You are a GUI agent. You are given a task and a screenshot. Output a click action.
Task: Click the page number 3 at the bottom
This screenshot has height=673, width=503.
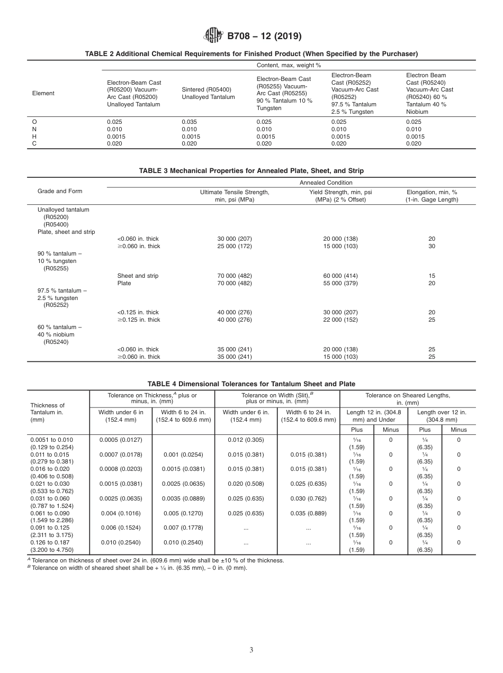pos(251,650)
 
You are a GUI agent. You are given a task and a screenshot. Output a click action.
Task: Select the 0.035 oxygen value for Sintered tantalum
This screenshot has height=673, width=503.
pos(189,122)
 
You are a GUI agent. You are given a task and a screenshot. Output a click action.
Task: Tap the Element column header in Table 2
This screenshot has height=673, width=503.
pos(43,93)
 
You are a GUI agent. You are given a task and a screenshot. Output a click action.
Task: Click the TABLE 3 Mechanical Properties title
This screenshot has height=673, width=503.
pos(251,171)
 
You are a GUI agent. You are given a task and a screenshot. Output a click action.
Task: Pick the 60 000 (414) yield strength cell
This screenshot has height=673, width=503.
pos(340,276)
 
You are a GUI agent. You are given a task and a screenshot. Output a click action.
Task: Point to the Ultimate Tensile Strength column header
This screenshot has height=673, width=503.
pos(234,196)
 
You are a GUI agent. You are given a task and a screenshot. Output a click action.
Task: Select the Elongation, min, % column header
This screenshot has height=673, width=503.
pos(432,196)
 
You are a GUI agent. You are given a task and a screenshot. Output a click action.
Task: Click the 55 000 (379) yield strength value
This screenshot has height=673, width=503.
pos(340,283)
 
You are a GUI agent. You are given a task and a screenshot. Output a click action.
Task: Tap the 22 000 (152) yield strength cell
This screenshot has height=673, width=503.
pos(340,320)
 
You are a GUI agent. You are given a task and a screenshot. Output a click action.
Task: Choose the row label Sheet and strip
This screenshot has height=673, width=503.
pos(138,276)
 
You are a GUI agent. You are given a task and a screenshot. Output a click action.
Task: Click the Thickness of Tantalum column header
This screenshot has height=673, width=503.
pos(48,412)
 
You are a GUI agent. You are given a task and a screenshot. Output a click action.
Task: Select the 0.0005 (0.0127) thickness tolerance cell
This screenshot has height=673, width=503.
pos(121,440)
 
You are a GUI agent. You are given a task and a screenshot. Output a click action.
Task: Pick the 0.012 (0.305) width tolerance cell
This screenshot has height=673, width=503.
pos(246,440)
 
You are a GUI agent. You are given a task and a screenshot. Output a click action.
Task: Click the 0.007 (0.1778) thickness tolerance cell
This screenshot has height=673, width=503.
pos(183,528)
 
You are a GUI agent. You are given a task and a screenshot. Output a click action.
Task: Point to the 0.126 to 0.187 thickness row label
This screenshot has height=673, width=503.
pos(51,542)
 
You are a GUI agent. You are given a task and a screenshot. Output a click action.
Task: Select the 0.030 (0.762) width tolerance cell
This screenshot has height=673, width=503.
pos(308,498)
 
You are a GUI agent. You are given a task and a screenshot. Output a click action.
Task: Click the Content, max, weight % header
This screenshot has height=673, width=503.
pos(289,65)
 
